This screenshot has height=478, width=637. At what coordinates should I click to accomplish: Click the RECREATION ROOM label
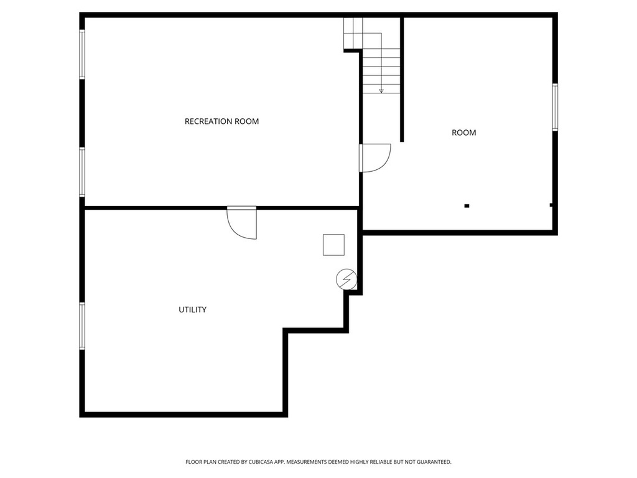click(x=221, y=121)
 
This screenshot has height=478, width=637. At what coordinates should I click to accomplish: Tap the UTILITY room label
click(x=193, y=309)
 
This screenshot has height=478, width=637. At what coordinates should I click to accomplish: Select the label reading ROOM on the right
click(x=463, y=133)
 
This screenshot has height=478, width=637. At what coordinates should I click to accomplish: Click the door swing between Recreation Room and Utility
click(x=243, y=222)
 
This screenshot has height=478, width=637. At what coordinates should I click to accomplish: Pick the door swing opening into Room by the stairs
click(x=375, y=157)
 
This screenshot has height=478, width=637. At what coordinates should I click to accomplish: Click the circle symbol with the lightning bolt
click(x=346, y=279)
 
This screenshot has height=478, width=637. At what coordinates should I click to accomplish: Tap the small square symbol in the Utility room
click(x=333, y=245)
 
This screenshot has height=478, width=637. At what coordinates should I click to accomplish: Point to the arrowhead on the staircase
click(x=381, y=91)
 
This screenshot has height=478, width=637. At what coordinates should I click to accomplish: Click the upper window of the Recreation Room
click(x=82, y=55)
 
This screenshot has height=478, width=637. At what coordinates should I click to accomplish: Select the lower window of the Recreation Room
click(x=82, y=172)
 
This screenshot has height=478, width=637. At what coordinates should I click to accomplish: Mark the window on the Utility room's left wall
click(x=82, y=326)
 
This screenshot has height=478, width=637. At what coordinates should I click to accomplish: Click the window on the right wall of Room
click(x=555, y=107)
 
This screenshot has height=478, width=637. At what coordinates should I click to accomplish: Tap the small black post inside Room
click(x=467, y=205)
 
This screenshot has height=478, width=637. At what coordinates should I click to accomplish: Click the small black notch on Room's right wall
click(x=551, y=204)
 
